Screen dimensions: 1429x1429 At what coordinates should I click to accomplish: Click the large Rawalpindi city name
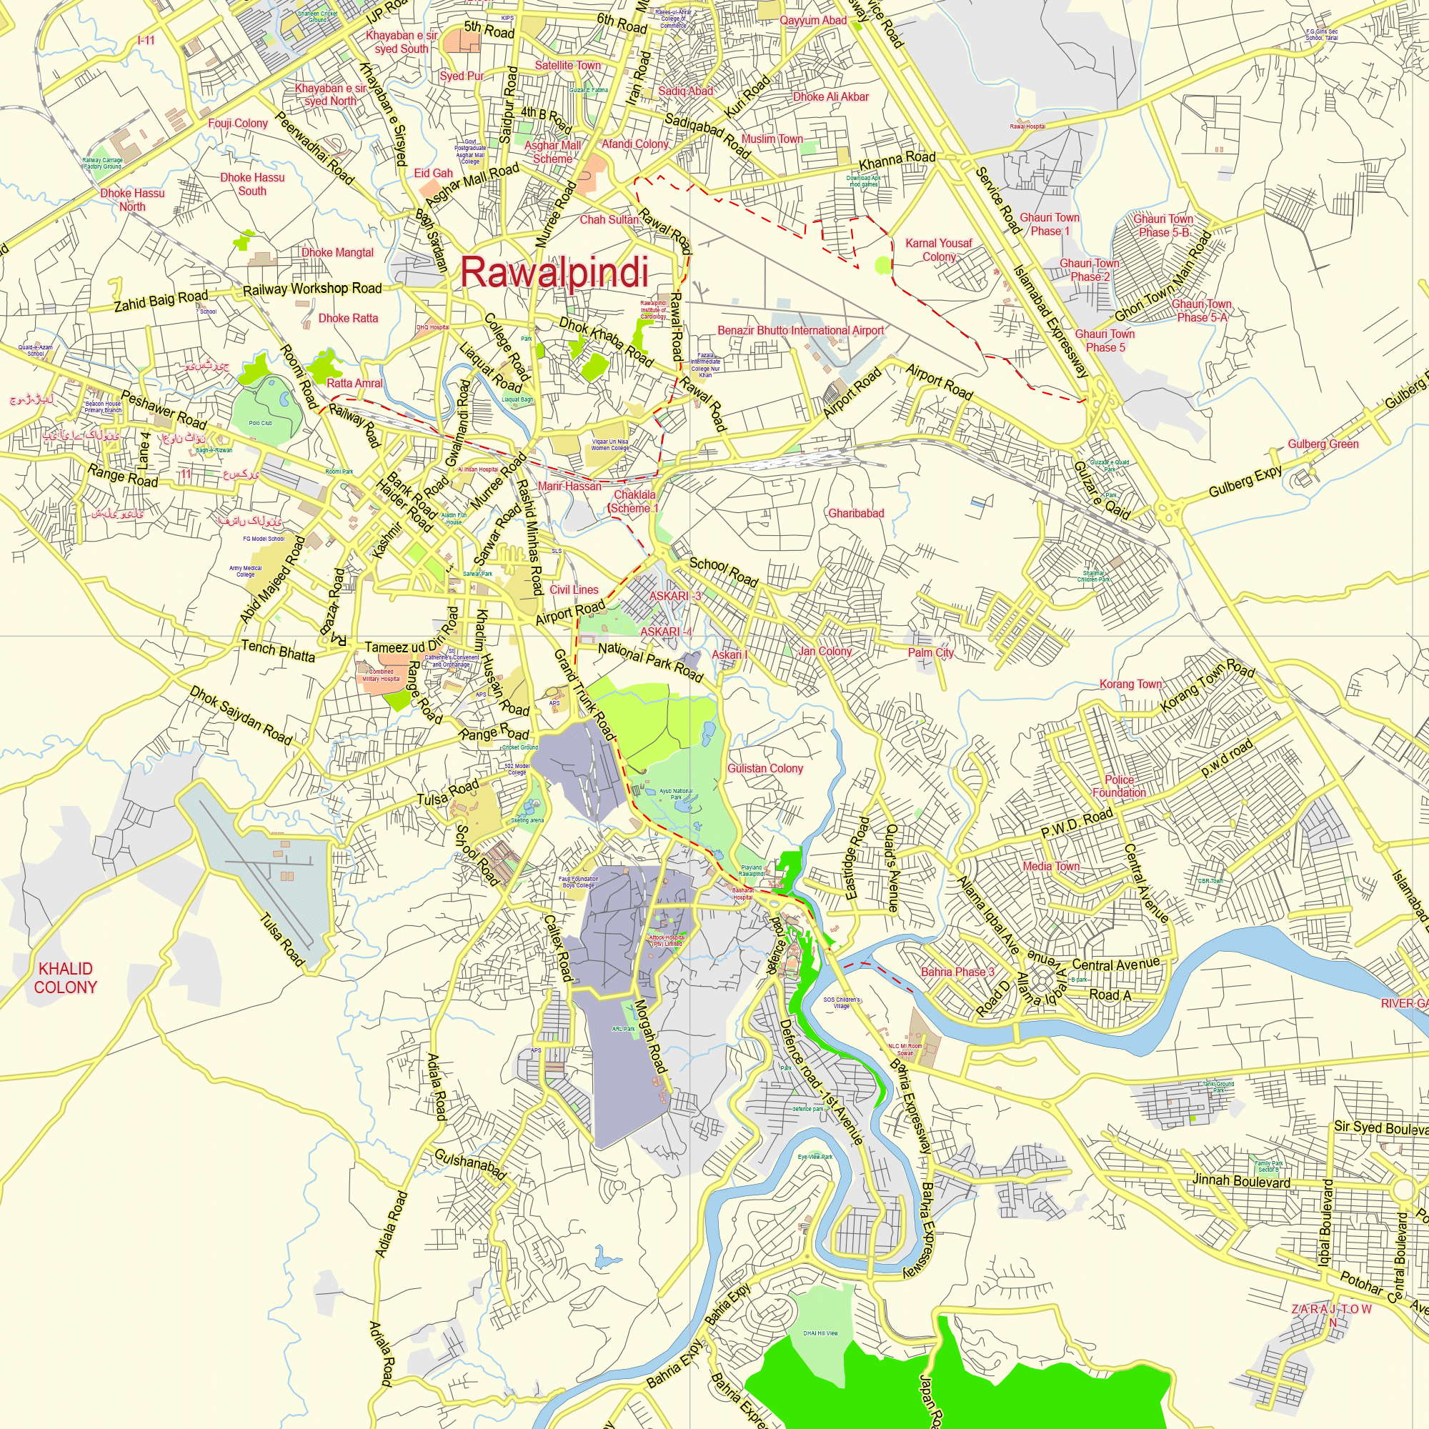[554, 272]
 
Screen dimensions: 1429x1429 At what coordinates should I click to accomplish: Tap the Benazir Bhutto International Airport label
[800, 331]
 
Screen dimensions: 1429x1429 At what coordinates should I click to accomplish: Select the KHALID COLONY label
[65, 978]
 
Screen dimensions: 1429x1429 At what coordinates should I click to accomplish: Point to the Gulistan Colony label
[765, 769]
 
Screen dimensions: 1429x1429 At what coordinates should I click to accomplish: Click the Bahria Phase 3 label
[957, 972]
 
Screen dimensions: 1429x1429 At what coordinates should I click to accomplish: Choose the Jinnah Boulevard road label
[1241, 1180]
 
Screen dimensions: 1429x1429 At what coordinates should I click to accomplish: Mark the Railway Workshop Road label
[312, 289]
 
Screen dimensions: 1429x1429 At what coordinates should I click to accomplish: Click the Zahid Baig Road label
[161, 301]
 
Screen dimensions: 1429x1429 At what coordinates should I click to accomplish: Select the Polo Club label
[260, 423]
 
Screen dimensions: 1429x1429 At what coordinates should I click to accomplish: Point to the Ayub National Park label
[676, 794]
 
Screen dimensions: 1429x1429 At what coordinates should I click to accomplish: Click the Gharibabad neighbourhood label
[856, 513]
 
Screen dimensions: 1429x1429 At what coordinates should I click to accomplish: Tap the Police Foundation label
[1119, 786]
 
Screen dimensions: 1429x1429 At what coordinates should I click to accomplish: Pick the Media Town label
[1050, 866]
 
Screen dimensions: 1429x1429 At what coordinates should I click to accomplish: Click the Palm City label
[930, 652]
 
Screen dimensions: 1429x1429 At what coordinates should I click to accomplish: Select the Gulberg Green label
[1323, 444]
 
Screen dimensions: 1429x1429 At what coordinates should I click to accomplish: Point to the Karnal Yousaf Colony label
[939, 250]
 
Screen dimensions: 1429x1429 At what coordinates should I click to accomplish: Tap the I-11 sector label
[146, 40]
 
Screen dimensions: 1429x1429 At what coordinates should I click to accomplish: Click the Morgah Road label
[651, 1036]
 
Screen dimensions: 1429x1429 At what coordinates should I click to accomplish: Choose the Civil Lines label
[574, 589]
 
